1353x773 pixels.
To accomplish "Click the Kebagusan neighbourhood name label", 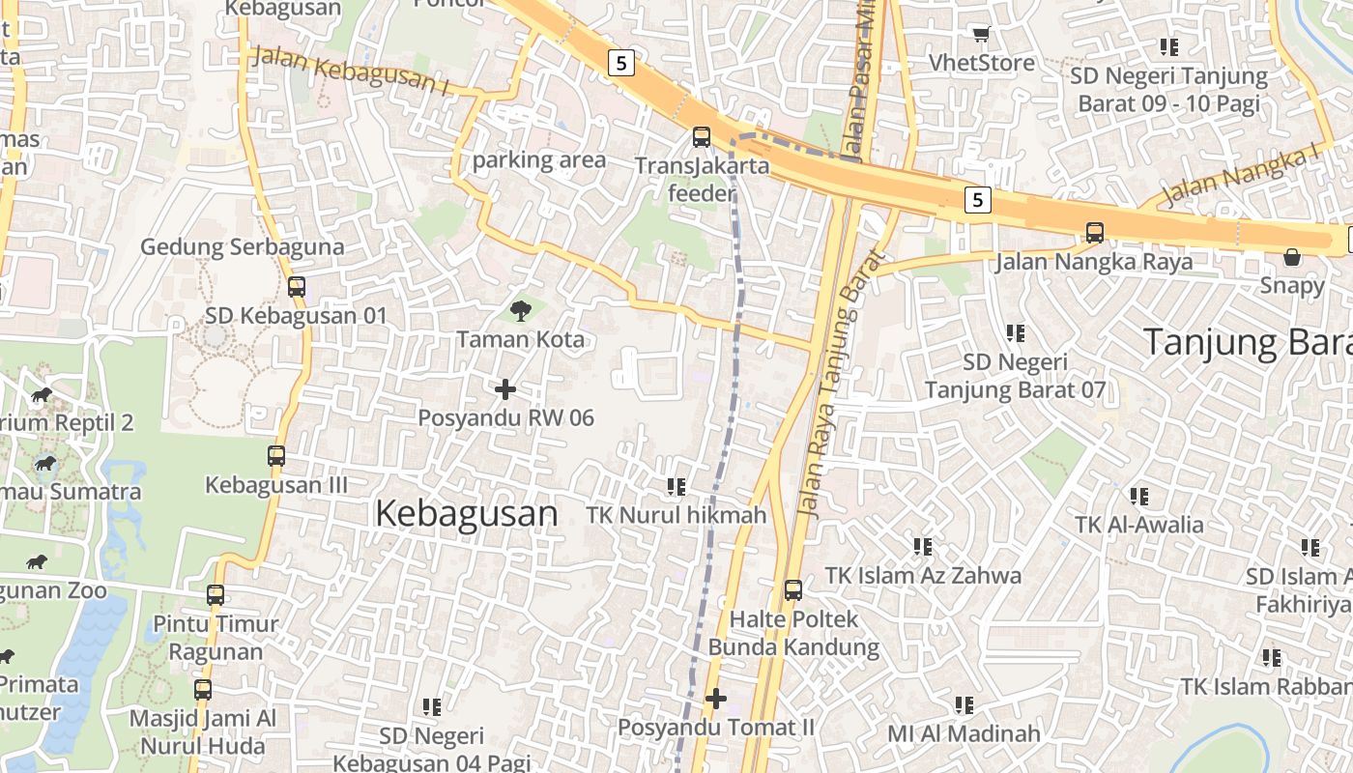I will click(466, 513).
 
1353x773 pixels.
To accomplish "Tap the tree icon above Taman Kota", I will click(521, 310).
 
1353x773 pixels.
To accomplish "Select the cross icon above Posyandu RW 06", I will click(505, 389).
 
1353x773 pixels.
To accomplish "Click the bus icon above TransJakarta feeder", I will click(702, 137).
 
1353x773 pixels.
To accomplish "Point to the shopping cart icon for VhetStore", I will click(981, 35).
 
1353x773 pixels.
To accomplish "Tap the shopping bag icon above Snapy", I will click(1292, 257).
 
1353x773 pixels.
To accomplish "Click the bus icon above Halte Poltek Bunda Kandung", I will click(793, 589).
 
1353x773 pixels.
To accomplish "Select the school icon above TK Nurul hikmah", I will click(676, 487).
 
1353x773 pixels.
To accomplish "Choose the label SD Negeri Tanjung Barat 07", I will click(1016, 377).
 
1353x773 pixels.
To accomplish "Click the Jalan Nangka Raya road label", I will click(1094, 262).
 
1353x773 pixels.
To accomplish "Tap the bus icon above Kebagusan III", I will click(276, 455).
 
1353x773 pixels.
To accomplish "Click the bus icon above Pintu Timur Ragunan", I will click(216, 595).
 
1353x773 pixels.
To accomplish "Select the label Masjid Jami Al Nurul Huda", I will click(203, 732).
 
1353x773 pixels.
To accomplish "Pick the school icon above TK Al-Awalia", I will click(1139, 497).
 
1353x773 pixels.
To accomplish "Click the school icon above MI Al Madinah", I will click(964, 705).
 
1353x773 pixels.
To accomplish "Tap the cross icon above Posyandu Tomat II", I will click(716, 698).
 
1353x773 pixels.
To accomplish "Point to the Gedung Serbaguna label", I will click(242, 246).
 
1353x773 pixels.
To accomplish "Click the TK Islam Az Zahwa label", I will click(923, 576).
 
